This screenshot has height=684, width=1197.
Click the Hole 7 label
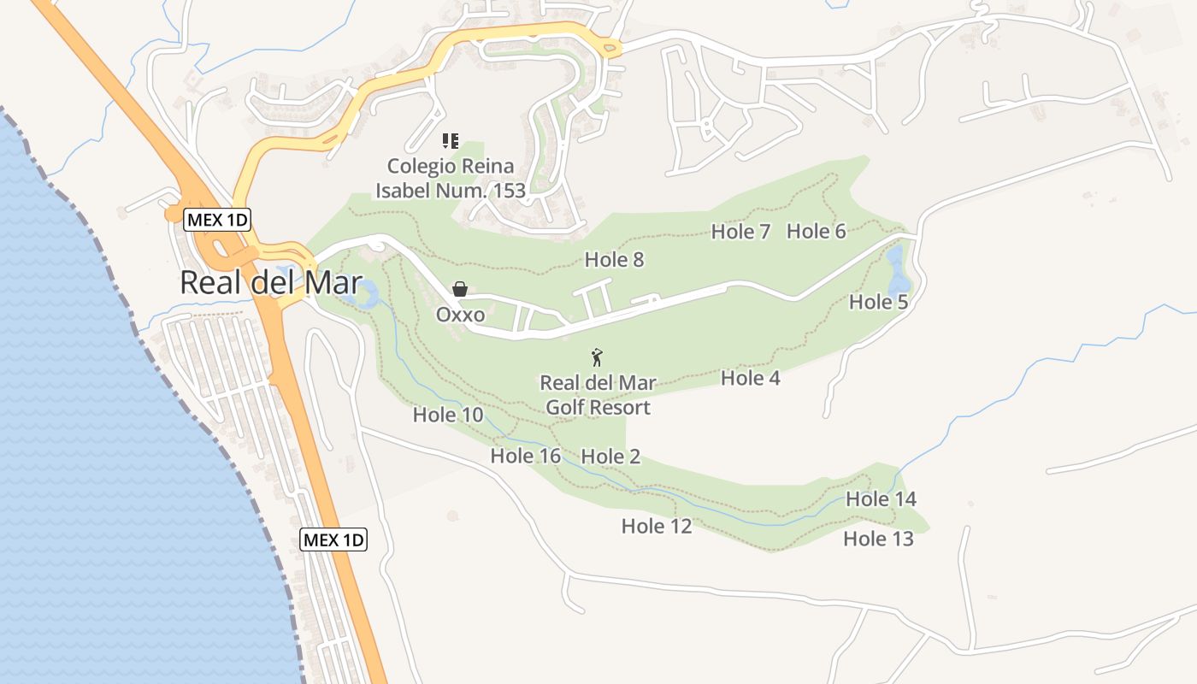coord(740,232)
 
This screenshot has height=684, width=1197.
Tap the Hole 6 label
coord(816,231)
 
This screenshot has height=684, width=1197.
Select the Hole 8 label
coord(614,259)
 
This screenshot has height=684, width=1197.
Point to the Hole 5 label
coord(878,302)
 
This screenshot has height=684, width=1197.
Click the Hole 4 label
coord(750,378)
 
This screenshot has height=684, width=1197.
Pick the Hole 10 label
coord(448,416)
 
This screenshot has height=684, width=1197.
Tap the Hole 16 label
coord(525,457)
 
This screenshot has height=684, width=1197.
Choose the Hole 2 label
coord(610,457)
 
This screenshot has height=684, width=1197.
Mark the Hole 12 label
coord(656,526)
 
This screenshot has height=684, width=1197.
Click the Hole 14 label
coord(881,498)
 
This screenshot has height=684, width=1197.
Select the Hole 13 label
coord(878,539)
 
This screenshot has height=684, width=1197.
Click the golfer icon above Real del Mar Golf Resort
coord(597,357)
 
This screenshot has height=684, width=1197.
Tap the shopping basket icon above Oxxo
coord(460,289)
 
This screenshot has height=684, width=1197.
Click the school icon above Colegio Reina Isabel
coord(450,141)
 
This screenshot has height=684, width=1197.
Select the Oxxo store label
coord(460,315)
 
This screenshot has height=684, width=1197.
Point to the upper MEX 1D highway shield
coord(217,220)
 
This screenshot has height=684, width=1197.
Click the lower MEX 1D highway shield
coord(333,540)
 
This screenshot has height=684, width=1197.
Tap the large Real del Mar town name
coord(270,283)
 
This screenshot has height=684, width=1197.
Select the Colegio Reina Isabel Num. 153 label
coord(450,178)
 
